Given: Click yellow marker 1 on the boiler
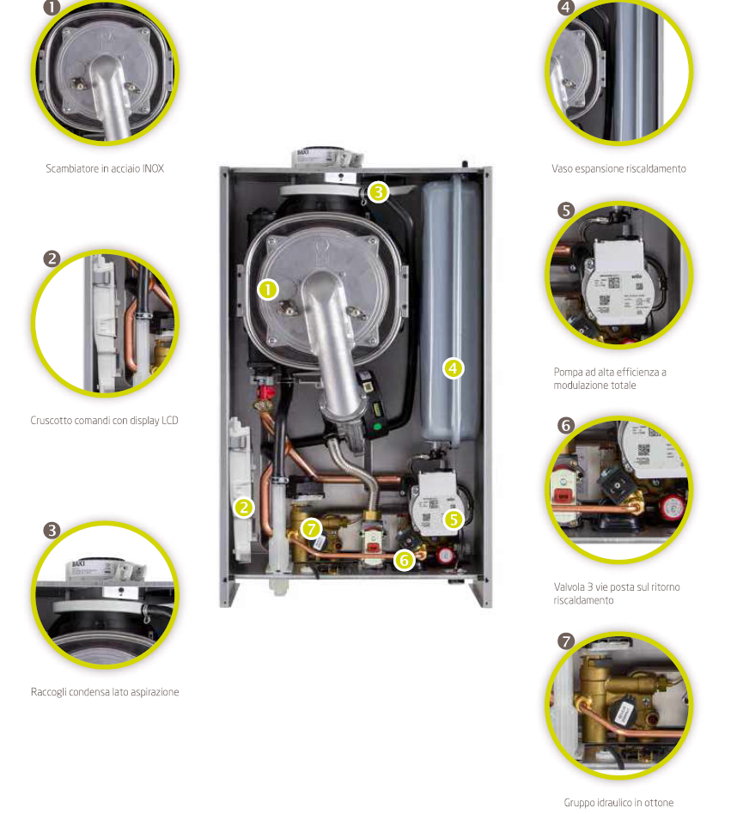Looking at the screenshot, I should (269, 290).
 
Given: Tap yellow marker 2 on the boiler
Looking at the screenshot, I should (245, 507).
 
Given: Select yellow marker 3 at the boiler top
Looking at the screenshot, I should (379, 191).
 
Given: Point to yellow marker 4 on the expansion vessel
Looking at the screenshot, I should (453, 368).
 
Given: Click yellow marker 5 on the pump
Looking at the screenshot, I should (453, 519).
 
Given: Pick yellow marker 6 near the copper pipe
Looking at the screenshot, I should (404, 560).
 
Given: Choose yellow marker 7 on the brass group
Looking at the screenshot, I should (311, 529).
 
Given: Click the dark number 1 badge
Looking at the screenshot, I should (52, 8).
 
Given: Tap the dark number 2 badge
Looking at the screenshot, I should (52, 258).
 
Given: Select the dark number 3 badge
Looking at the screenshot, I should (52, 530).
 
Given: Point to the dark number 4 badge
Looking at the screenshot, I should (564, 8).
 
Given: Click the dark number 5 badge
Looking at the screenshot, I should (564, 210).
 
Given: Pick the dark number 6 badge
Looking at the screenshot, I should (564, 425).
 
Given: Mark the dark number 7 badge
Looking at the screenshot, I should (564, 641).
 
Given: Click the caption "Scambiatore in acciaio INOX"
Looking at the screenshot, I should (105, 169).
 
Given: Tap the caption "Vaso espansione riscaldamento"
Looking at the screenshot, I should (618, 169).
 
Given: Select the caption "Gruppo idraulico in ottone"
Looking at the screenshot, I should (618, 803).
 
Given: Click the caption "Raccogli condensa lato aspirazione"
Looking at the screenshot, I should (105, 692).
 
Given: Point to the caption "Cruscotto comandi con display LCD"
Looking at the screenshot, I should (105, 421).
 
